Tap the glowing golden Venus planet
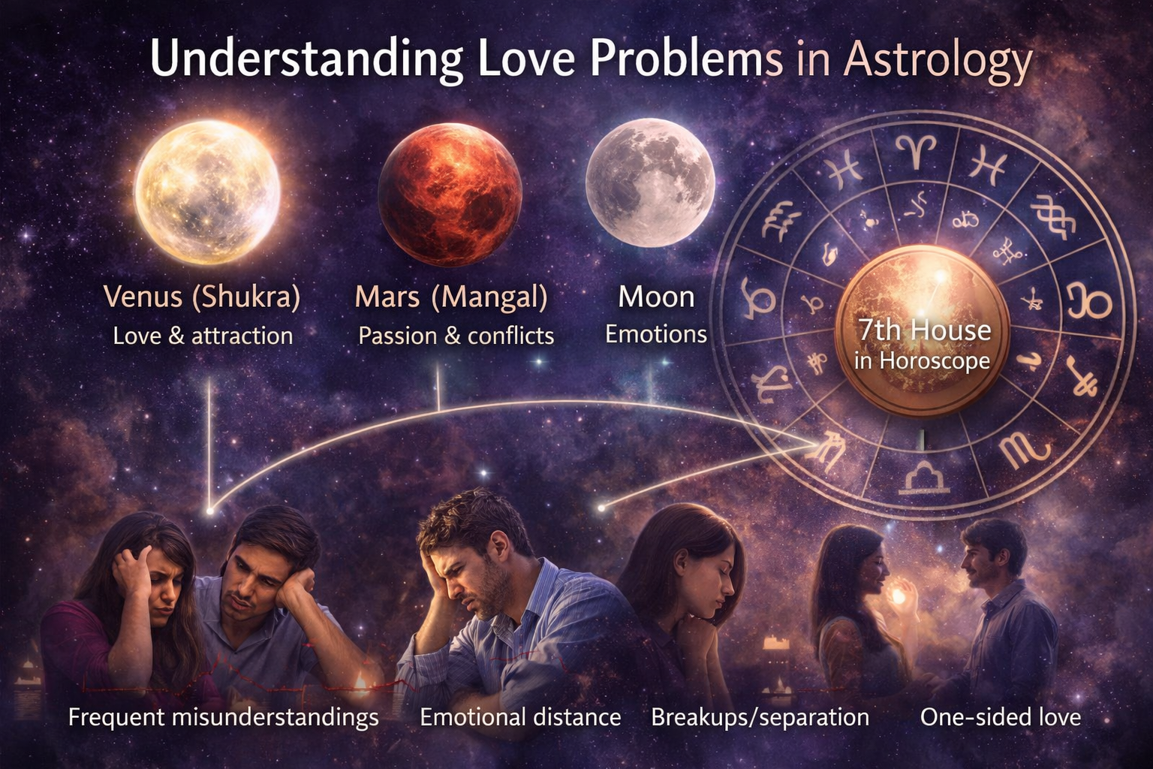[207, 192]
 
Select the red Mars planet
[450, 195]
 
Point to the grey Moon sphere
[650, 182]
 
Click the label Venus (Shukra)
[202, 297]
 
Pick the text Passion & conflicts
[456, 336]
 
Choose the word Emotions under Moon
[656, 334]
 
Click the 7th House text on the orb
[924, 330]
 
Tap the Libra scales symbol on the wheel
[923, 478]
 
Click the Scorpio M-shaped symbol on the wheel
[1025, 452]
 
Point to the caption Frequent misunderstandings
[224, 717]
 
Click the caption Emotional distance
[520, 717]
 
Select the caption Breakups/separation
[760, 717]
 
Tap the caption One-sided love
[1001, 717]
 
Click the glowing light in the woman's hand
[899, 596]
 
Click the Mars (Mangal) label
[451, 297]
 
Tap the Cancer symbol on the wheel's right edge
[1089, 300]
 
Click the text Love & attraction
[203, 336]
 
